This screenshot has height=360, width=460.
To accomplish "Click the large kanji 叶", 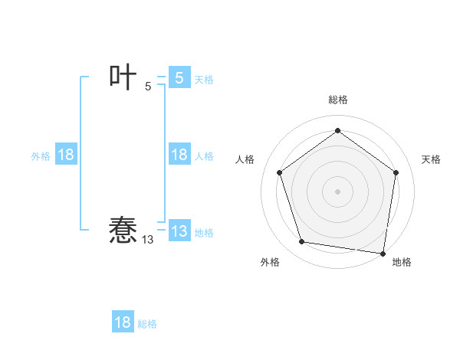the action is pos(123,77).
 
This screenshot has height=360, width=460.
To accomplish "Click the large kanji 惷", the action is pos(123,229).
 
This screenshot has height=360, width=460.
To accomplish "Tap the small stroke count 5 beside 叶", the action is pos(148,87).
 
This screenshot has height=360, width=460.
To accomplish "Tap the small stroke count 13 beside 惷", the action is pos(147,240).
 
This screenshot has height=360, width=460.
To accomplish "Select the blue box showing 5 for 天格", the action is pos(179,77).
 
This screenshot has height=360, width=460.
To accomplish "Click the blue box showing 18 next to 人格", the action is pos(179,155).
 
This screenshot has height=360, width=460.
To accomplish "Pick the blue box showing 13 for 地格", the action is pos(179,231).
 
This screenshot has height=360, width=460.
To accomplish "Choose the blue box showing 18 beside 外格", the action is pos(66,155).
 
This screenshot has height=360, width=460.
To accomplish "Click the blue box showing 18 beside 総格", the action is pos(123,322).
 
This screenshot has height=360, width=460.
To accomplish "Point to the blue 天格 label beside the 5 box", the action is pos(204,80).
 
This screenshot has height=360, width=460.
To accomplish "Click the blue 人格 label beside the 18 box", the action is pos(204,156).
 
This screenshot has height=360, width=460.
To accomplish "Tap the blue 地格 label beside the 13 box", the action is pos(204,233).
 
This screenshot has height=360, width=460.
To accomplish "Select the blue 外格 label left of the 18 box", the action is pos(41,156).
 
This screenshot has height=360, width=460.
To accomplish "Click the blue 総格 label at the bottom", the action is pos(147,325).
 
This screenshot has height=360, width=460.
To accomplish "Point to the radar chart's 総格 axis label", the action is pos(337,100).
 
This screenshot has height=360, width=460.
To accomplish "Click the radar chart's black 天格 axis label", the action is pos(431,159).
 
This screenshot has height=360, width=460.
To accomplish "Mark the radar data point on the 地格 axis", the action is pos(383,253).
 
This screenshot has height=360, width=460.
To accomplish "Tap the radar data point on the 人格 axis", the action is pos(279,172).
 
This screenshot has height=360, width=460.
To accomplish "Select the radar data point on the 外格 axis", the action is pos(302,242).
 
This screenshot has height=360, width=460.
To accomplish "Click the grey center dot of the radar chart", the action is pos(337,191).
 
